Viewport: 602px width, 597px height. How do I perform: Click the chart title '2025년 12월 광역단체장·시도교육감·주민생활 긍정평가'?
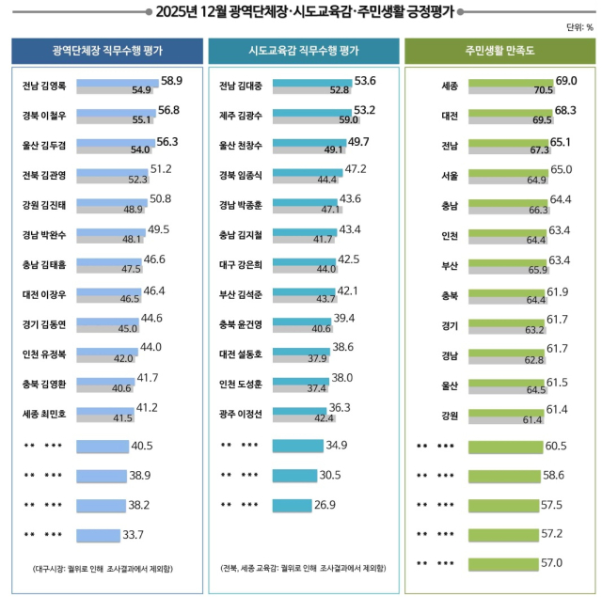click(300, 11)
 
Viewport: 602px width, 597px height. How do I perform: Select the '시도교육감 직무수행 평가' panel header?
click(300, 51)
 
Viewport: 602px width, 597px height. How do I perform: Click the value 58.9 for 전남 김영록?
click(170, 81)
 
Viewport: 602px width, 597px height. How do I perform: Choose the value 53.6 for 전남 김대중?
click(362, 81)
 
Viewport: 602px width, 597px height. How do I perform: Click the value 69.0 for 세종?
click(565, 81)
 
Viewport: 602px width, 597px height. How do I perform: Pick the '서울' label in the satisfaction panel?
click(450, 176)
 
